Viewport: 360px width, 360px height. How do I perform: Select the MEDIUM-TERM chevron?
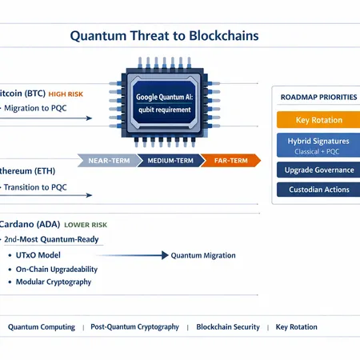tap(169, 161)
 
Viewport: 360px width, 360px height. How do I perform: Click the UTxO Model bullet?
tap(38, 255)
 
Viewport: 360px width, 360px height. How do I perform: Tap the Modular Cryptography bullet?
tap(53, 282)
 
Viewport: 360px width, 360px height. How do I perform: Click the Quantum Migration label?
tap(203, 255)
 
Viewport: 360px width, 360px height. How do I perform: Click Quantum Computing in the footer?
tap(42, 326)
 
